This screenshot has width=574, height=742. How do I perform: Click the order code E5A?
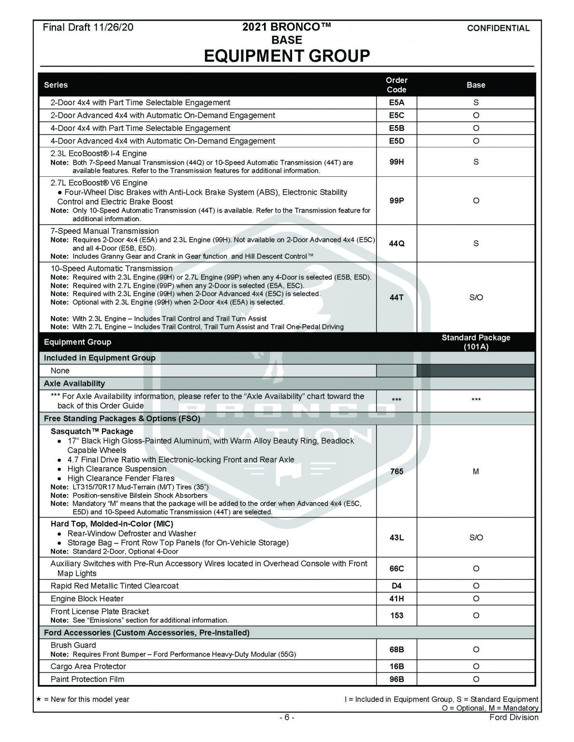pos(396,102)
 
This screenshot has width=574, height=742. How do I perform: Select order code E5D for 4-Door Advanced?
pos(396,141)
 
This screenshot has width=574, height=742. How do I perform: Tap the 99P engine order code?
pos(396,200)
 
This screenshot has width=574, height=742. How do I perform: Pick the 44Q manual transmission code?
pos(396,243)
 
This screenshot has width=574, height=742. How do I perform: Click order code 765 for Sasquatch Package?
pos(396,471)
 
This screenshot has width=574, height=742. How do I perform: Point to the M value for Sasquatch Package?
pos(476,471)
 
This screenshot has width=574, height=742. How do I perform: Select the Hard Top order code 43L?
pos(396,537)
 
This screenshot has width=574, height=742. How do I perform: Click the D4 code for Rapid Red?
pos(396,586)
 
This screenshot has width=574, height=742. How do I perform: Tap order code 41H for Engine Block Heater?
pos(396,599)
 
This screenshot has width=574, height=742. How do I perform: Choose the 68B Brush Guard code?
pos(396,649)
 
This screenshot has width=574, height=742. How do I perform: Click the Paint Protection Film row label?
pos(88,679)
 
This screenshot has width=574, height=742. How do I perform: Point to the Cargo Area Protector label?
pos(88,666)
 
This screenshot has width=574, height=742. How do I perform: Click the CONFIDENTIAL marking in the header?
pos(498,28)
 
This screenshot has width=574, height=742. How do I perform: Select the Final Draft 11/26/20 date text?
pos(88,28)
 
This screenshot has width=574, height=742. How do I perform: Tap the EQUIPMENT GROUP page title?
pos(287,56)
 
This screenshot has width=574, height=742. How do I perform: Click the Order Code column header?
pos(396,85)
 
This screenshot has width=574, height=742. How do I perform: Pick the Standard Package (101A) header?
pos(476,342)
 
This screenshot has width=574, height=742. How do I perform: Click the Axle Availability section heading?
pos(74,384)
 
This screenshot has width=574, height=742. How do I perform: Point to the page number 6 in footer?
pos(287,717)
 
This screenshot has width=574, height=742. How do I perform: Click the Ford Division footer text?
pos(514,717)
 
